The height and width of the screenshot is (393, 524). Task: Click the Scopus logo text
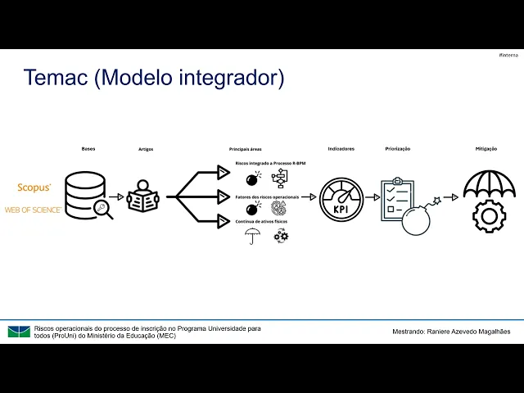click(x=34, y=187)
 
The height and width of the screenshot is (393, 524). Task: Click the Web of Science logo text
click(x=33, y=210)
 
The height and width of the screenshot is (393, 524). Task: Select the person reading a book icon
click(x=142, y=196)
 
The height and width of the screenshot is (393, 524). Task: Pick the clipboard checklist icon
click(x=397, y=199)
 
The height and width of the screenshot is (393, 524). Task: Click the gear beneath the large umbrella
click(x=489, y=217)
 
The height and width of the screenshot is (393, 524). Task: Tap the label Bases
click(x=88, y=148)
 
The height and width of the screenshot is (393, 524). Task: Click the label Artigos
click(x=146, y=149)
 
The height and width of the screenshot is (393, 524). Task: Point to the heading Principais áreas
click(x=245, y=149)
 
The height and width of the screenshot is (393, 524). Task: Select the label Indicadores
click(x=341, y=148)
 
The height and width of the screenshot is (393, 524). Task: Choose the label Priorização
click(x=397, y=148)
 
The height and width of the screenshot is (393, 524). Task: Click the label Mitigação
click(x=486, y=148)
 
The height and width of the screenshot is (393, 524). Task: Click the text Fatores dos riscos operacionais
click(x=267, y=196)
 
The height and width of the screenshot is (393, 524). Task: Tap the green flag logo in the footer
click(x=19, y=332)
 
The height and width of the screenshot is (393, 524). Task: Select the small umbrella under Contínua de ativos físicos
click(x=253, y=236)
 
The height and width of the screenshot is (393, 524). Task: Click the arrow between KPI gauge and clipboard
click(x=373, y=197)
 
